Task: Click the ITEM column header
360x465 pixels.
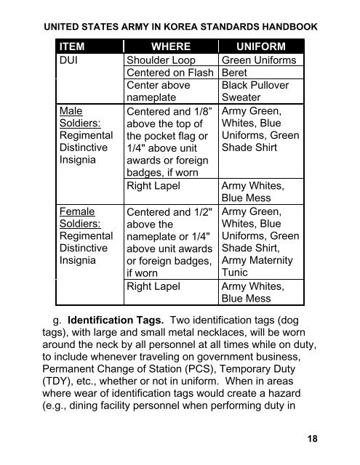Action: click(x=76, y=46)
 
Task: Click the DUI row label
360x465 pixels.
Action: click(x=72, y=60)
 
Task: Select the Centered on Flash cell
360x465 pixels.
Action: click(x=168, y=73)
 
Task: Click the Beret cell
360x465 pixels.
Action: click(x=236, y=73)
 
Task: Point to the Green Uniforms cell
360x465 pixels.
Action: click(x=257, y=60)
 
